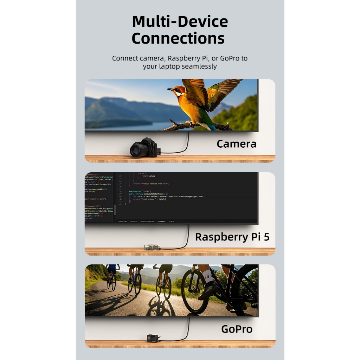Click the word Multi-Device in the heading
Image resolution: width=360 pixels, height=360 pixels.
[x=180, y=22]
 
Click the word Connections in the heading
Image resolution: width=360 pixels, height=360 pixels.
[x=178, y=38]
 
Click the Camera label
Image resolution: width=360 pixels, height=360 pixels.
[x=236, y=144]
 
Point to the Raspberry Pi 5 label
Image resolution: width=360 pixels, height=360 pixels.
[x=232, y=237]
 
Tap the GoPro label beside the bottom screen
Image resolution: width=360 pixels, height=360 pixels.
[x=237, y=329]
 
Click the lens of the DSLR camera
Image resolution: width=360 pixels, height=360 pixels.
[x=136, y=150]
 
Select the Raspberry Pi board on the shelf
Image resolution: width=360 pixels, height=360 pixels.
[x=152, y=247]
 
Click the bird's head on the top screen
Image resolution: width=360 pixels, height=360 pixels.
[x=178, y=91]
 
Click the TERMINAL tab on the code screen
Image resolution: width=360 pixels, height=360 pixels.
[x=161, y=221]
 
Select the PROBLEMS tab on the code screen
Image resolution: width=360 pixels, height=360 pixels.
[x=123, y=221]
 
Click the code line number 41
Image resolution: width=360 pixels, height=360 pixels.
[x=120, y=199]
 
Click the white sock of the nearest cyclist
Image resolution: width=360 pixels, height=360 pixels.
[x=208, y=276]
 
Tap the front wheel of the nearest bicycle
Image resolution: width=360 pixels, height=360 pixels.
[x=194, y=292]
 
